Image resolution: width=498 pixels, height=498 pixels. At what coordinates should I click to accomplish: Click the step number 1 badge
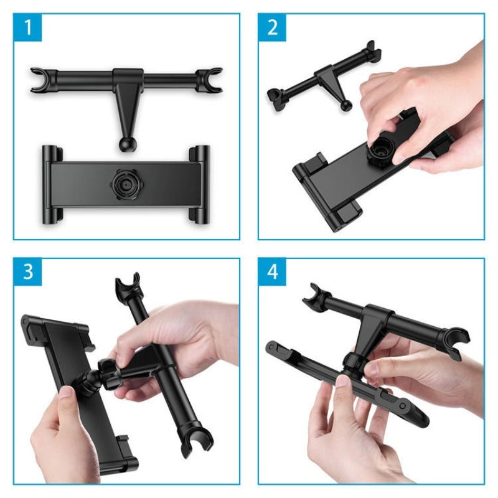[x=28, y=28]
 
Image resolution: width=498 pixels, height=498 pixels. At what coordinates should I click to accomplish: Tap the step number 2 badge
[x=273, y=28]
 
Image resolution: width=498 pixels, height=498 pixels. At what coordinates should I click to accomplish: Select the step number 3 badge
[x=28, y=273]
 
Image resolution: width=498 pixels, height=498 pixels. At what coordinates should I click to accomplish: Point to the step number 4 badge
[x=273, y=273]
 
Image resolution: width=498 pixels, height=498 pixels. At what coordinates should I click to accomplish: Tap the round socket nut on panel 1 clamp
[x=125, y=184]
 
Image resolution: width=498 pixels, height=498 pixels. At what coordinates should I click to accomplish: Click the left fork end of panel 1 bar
[x=39, y=80]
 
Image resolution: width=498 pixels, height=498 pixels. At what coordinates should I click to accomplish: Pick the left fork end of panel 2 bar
[x=274, y=96]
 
